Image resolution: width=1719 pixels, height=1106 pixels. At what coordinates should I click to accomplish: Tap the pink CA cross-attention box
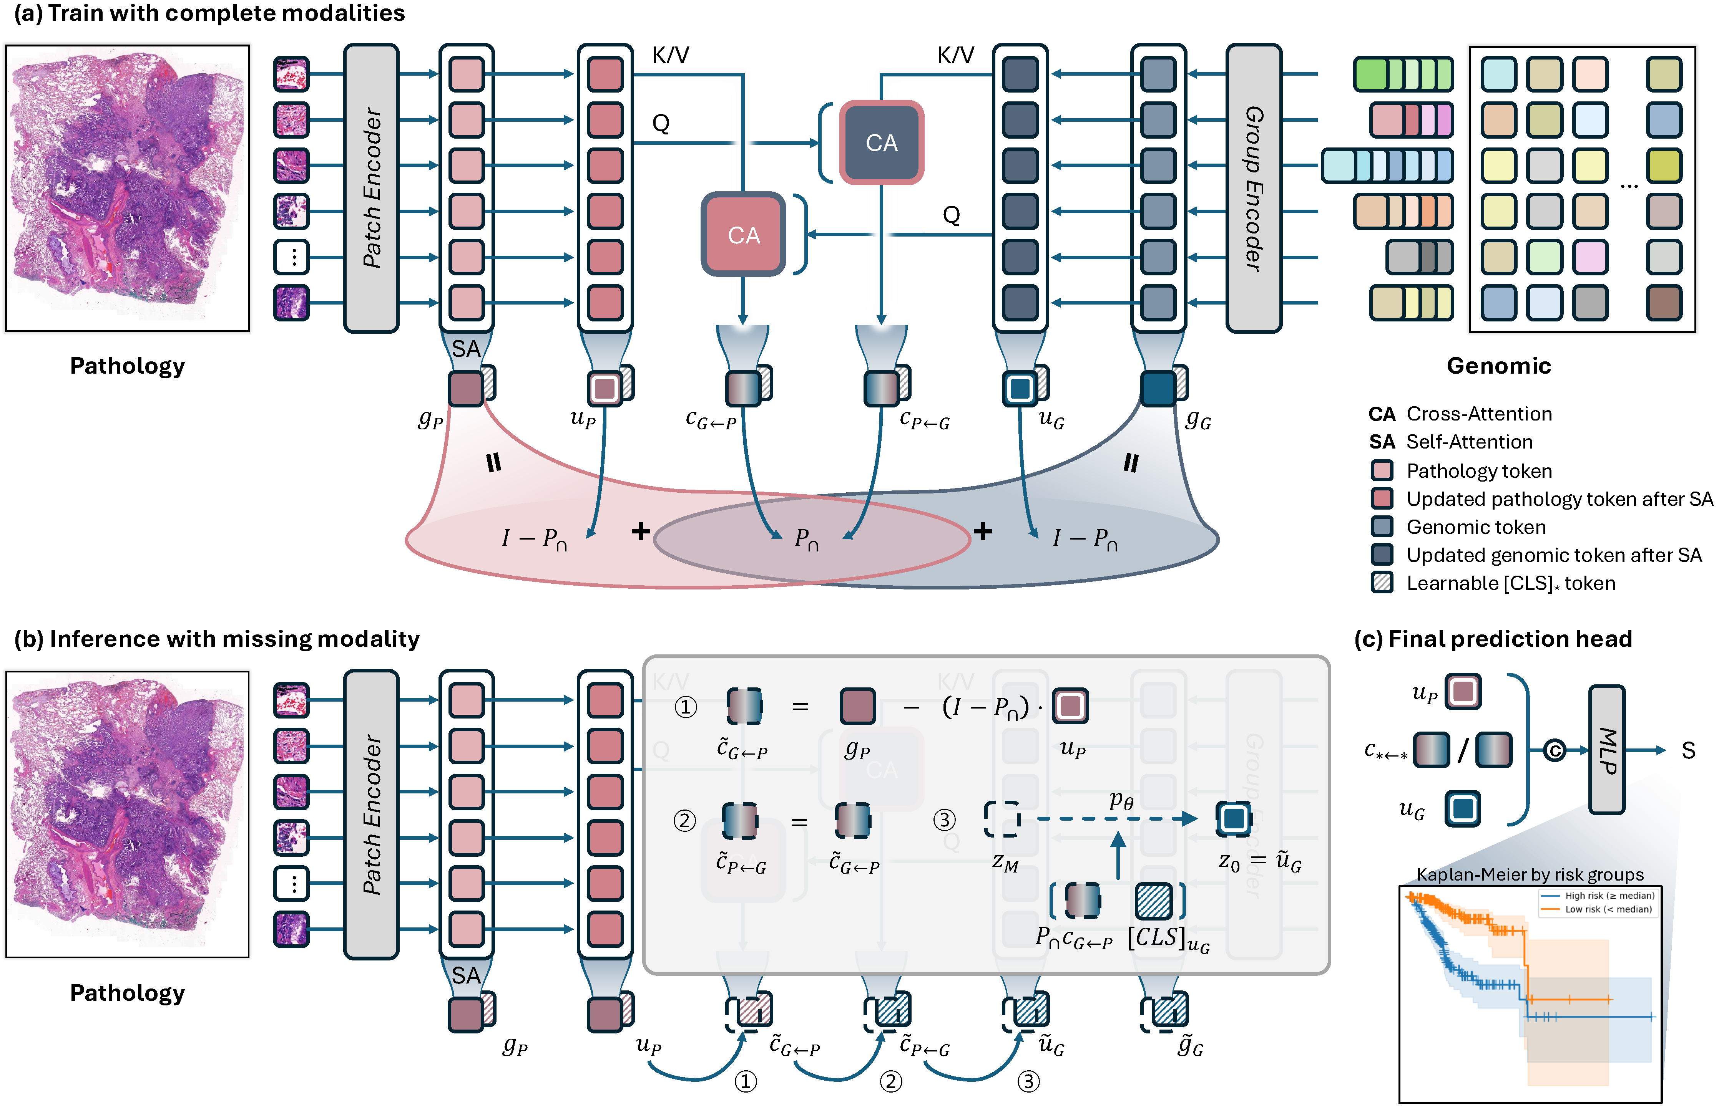(743, 234)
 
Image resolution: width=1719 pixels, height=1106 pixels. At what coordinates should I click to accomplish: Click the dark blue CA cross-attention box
(881, 142)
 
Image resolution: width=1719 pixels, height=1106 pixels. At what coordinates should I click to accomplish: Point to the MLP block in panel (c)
(1607, 749)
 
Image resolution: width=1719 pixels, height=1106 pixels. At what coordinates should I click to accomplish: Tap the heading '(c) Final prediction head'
(1493, 639)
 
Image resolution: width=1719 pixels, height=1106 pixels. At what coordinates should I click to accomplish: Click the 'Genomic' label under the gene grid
(1498, 366)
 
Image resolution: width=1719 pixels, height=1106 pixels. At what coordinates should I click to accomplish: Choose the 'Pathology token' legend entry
(1478, 470)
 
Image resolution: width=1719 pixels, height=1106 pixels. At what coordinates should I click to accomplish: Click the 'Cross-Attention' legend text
(1478, 414)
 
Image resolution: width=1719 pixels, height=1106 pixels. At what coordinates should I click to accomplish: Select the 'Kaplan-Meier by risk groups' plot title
(1529, 874)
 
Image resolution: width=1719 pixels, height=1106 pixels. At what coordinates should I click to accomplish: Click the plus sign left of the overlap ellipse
(640, 531)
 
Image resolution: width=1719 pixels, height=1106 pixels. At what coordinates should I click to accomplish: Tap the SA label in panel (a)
(466, 349)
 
